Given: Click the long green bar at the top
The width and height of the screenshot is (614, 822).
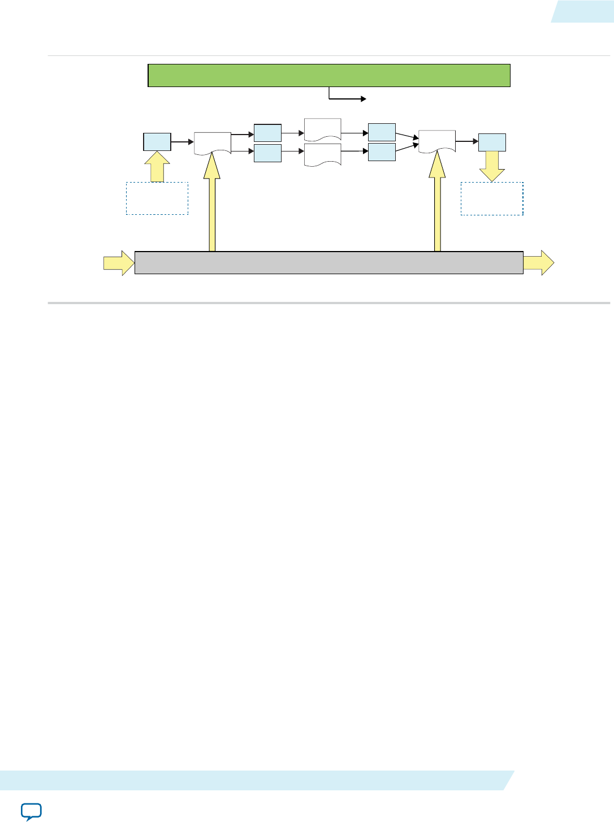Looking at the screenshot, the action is click(329, 75).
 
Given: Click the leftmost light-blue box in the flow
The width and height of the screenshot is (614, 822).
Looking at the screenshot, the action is click(157, 142).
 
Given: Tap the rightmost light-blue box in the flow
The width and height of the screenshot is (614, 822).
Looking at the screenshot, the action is click(492, 142).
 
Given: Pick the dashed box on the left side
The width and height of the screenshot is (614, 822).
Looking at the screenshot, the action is click(157, 198).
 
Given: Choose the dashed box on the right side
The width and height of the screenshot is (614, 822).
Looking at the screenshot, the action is click(492, 198).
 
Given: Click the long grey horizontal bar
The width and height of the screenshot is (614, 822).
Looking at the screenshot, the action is click(329, 263).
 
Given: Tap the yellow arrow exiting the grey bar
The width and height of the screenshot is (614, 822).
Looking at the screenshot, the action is click(539, 263).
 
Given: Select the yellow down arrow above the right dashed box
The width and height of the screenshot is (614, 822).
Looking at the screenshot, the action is click(492, 167).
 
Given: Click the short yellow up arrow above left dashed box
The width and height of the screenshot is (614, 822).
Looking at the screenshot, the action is click(157, 167).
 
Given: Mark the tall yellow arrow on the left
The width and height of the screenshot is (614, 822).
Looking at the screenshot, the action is click(212, 209).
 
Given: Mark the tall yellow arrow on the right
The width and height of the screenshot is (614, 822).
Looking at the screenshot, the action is click(437, 209).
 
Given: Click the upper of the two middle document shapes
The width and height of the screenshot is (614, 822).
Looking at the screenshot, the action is click(323, 129).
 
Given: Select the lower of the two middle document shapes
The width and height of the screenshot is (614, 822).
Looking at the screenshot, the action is click(323, 154).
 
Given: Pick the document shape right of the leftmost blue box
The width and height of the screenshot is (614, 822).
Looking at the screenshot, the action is click(213, 142).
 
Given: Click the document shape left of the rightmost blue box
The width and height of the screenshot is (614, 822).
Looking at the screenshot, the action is click(437, 140).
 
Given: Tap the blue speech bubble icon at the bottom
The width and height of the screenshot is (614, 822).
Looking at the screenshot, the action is click(31, 811).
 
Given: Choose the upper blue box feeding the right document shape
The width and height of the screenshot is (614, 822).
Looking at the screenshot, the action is click(382, 132).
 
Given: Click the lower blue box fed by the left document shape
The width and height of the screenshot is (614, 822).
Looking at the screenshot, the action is click(267, 153).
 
